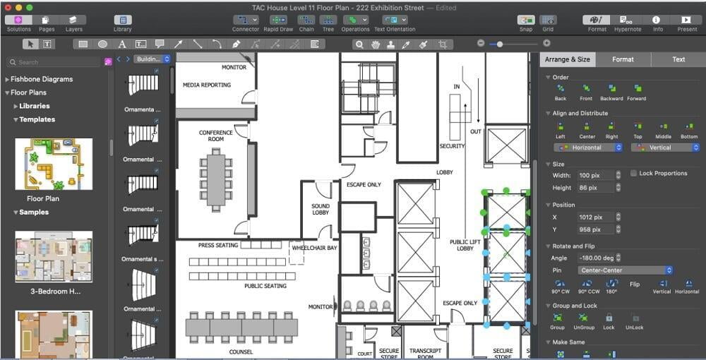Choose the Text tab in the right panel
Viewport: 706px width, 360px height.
(x=678, y=59)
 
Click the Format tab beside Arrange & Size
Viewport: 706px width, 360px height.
(x=623, y=59)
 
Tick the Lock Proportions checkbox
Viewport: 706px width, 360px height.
(x=634, y=174)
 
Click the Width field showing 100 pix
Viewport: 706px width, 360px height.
(x=594, y=175)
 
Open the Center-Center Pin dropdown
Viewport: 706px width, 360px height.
(x=624, y=270)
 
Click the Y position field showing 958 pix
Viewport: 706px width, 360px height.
(x=594, y=229)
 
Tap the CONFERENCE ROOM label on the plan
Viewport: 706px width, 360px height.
(x=216, y=136)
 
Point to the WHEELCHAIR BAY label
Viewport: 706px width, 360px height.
(x=314, y=248)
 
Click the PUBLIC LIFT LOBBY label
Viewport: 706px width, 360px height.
(x=465, y=245)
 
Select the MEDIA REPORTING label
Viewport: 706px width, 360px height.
(x=207, y=85)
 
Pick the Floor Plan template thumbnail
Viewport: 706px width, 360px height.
(x=54, y=164)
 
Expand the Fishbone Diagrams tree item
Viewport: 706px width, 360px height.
(x=7, y=79)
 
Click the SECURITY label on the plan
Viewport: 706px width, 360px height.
(x=452, y=146)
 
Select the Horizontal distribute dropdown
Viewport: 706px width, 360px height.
(x=588, y=148)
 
